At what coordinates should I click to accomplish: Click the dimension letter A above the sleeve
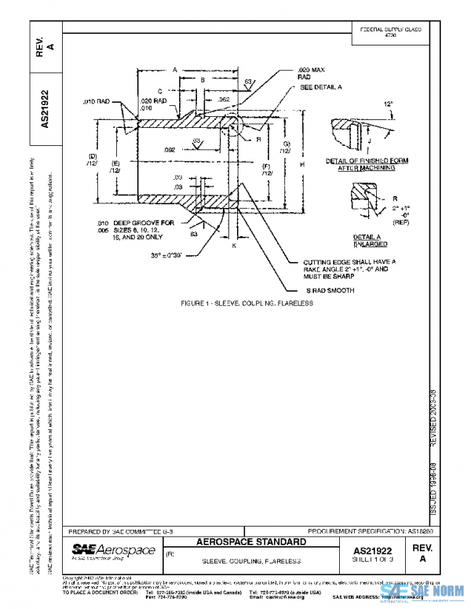coord(174,69)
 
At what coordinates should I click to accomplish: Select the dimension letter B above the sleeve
coord(202,80)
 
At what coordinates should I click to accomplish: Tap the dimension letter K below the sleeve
coord(233,246)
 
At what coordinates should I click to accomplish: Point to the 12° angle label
coord(386,104)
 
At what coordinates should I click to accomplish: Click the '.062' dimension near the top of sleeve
coord(223,100)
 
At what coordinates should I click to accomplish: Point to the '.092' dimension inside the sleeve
coord(169,148)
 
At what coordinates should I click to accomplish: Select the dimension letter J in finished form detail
coord(369,140)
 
